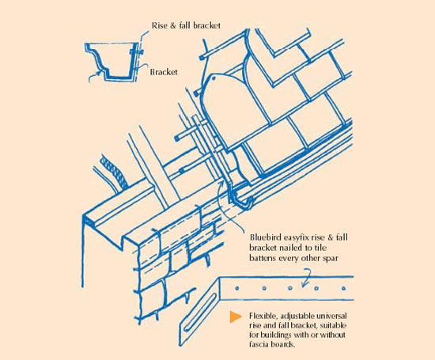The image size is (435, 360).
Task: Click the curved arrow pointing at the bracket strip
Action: [312, 273]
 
